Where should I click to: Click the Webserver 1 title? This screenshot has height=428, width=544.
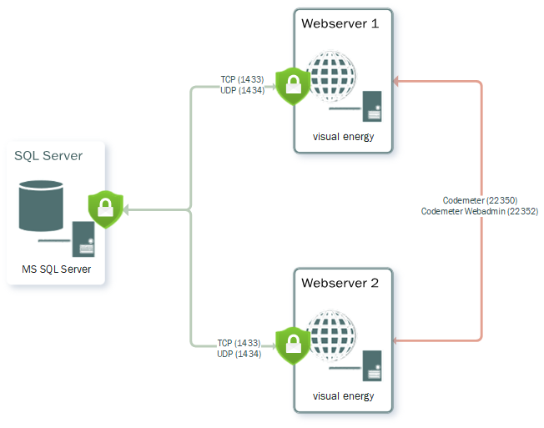pos(340,23)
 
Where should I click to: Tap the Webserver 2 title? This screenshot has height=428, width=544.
pos(340,283)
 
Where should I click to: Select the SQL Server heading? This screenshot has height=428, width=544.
pos(48,155)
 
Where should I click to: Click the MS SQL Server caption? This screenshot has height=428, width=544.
pos(57,269)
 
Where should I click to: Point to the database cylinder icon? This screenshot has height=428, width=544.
pos(41,205)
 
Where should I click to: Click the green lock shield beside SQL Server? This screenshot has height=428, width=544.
pos(106,209)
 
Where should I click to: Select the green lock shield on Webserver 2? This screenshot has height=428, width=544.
pos(293,343)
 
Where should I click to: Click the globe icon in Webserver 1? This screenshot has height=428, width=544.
pos(331,78)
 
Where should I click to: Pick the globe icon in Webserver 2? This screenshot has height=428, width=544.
pos(331,335)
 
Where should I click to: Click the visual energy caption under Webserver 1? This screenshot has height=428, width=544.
pos(343,137)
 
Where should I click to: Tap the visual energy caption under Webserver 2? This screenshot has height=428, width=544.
pos(343,395)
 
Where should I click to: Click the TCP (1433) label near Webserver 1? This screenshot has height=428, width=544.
pos(242,79)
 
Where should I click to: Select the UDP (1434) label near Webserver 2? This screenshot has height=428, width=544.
pos(239,354)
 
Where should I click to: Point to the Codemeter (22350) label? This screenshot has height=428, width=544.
pos(480,200)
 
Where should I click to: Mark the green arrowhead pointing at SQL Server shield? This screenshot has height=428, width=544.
pos(128,209)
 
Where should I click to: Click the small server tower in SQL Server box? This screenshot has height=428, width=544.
pos(83,239)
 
